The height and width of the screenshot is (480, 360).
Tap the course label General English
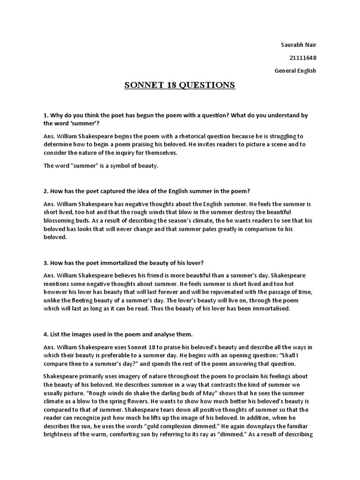click(x=295, y=71)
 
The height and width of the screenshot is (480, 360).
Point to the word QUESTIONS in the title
click(x=207, y=85)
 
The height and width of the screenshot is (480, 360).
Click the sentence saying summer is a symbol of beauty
click(x=101, y=166)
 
